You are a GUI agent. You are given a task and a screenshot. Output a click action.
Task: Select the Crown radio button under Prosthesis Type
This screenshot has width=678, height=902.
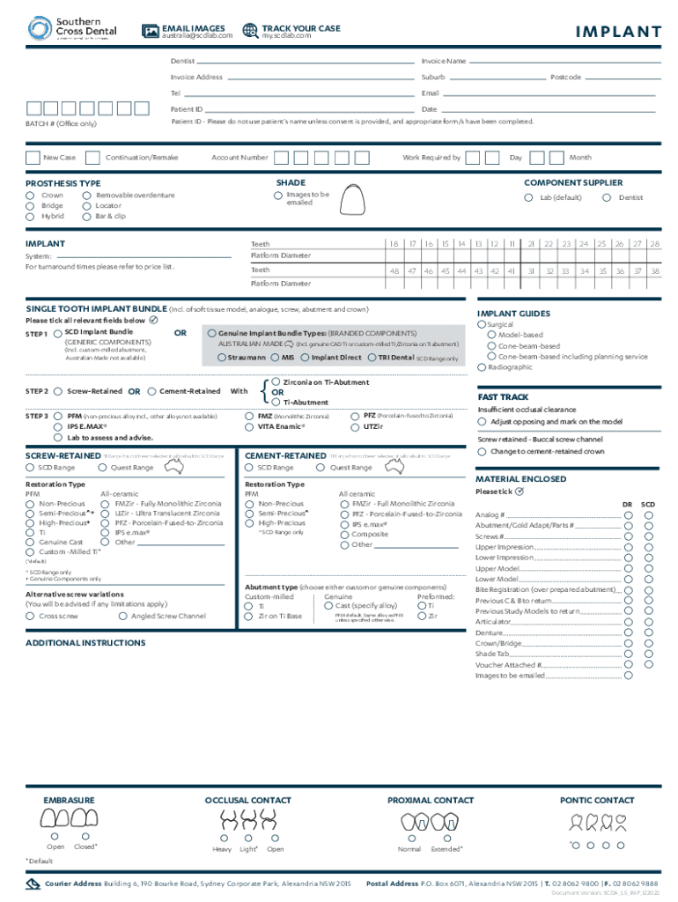(x=31, y=196)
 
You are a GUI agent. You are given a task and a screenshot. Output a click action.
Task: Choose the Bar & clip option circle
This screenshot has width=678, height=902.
(x=85, y=216)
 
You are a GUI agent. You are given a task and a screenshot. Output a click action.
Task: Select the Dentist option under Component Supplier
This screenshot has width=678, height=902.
(x=607, y=197)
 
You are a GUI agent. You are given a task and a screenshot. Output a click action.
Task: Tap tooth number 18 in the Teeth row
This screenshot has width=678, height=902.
(x=394, y=243)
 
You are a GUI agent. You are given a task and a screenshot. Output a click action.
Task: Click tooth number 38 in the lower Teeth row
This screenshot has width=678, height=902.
(x=654, y=271)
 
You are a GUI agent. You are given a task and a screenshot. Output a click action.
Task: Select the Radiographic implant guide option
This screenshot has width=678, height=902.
(x=482, y=366)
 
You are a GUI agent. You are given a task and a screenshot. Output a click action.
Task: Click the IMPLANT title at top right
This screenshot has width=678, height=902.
(x=618, y=33)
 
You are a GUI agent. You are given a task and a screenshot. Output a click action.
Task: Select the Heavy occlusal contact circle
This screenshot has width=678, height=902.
(x=222, y=838)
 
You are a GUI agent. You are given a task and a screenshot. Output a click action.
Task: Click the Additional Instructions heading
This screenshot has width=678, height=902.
(x=85, y=643)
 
